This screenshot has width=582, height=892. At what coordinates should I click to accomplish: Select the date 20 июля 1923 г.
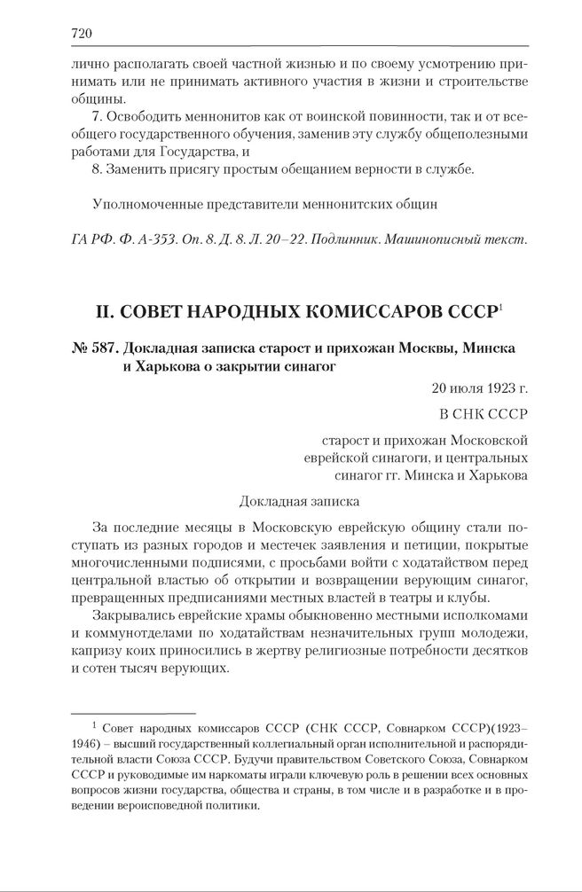click(x=480, y=387)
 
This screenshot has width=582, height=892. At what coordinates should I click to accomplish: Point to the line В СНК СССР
click(x=484, y=413)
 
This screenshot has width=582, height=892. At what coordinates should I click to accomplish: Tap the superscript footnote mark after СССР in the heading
click(x=501, y=307)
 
